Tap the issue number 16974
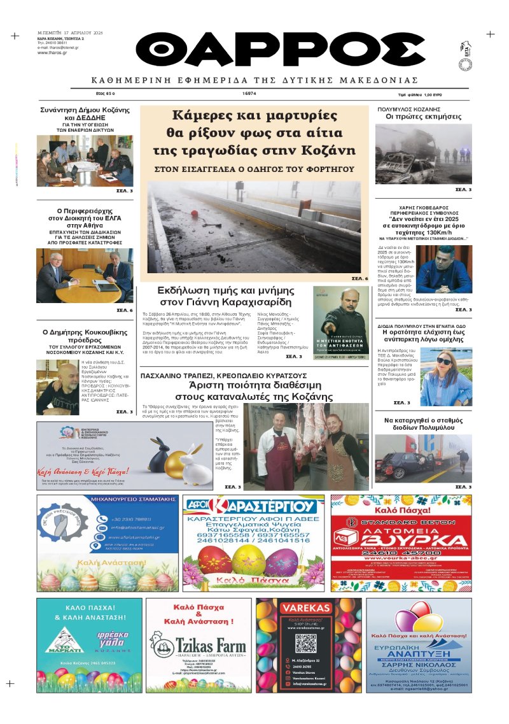(249, 94)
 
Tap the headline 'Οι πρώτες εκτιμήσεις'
(422, 117)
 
